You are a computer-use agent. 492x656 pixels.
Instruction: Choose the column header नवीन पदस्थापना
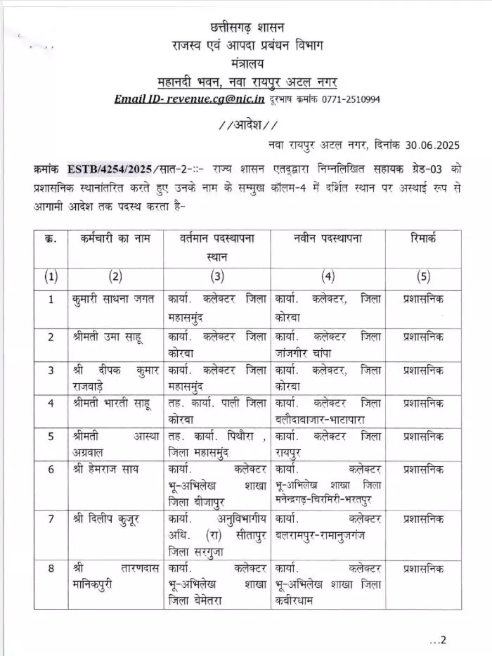coord(327,239)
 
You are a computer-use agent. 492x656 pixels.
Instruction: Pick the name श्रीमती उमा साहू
coord(105,337)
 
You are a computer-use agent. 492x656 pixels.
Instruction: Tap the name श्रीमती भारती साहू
coord(110,404)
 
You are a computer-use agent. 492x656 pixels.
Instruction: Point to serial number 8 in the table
coord(51,567)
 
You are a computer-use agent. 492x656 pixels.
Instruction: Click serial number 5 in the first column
coord(51,437)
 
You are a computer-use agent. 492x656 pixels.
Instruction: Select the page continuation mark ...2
coord(438,640)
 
